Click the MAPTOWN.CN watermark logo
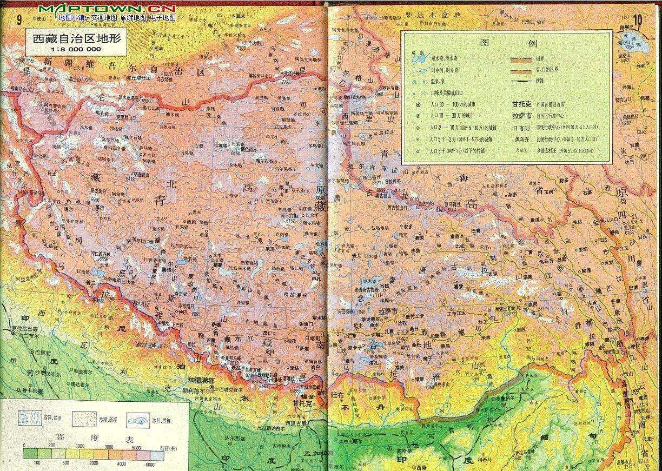(108, 9)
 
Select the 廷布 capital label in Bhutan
(337, 396)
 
